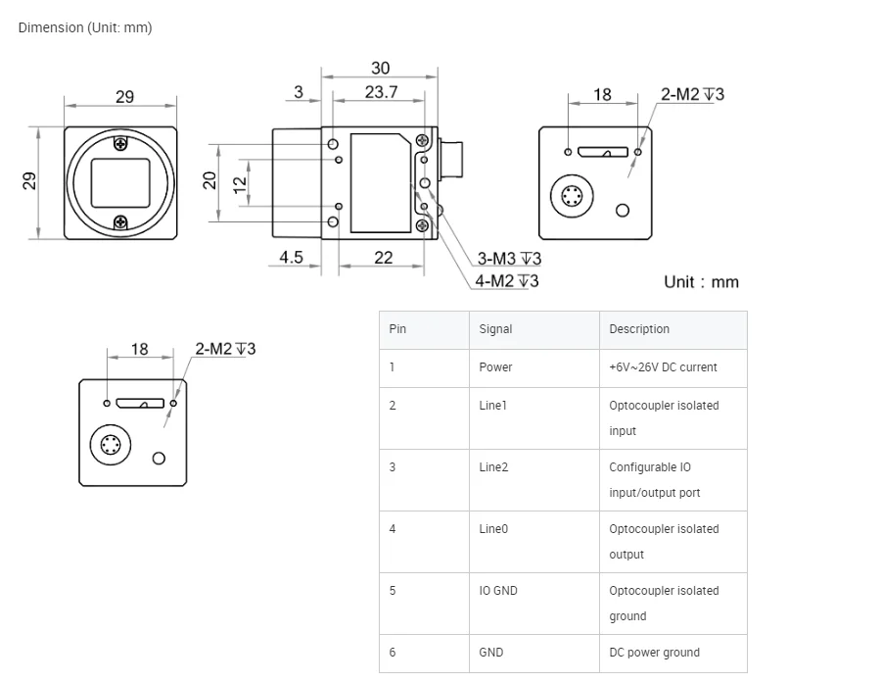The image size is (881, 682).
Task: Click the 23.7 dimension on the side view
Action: [381, 92]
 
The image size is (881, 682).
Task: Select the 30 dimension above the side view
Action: [380, 68]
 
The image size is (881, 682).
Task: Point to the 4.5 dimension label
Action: [292, 258]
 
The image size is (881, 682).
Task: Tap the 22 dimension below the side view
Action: [384, 258]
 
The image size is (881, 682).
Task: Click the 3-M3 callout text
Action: [509, 259]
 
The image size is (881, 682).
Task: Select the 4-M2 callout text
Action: [507, 281]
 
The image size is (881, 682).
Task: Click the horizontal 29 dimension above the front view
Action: [124, 97]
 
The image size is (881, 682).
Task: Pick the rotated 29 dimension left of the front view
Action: [30, 181]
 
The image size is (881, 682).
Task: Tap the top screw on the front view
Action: [120, 145]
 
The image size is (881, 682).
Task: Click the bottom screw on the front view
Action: [120, 221]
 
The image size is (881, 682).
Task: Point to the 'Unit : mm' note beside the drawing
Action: [701, 282]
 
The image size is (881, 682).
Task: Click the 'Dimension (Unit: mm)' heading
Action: [85, 27]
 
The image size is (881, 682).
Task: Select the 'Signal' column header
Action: [495, 329]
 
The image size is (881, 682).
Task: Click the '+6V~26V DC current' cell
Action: [663, 367]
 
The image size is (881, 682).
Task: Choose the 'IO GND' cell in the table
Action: [498, 591]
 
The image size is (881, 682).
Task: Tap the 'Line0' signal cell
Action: [493, 529]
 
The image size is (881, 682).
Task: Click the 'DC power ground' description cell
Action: [654, 653]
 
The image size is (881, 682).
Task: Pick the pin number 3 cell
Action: [393, 467]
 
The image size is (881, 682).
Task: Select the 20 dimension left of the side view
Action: [209, 181]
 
